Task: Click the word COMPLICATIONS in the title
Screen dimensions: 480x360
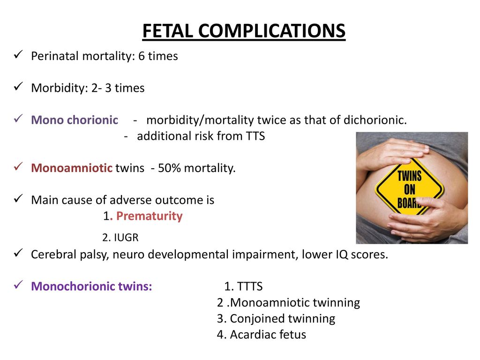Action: (272, 31)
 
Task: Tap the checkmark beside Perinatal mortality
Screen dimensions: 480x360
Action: (18, 55)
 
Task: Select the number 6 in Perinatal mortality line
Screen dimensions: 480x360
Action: (142, 56)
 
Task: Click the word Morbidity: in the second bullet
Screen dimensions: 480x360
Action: (60, 88)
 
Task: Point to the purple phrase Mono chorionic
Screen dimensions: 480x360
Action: (75, 120)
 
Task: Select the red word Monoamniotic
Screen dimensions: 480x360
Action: (72, 168)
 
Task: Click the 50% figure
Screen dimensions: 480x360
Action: (169, 168)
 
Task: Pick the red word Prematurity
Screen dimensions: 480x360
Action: (150, 216)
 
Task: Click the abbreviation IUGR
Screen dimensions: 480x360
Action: (126, 238)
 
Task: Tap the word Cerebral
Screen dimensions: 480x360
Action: (53, 255)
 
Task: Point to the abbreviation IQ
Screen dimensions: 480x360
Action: (342, 255)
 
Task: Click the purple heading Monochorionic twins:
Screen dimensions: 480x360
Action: (91, 286)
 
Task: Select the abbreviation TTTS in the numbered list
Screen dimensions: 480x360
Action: (250, 286)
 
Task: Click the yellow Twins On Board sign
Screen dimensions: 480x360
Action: (410, 188)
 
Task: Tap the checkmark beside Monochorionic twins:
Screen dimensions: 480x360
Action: (18, 285)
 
